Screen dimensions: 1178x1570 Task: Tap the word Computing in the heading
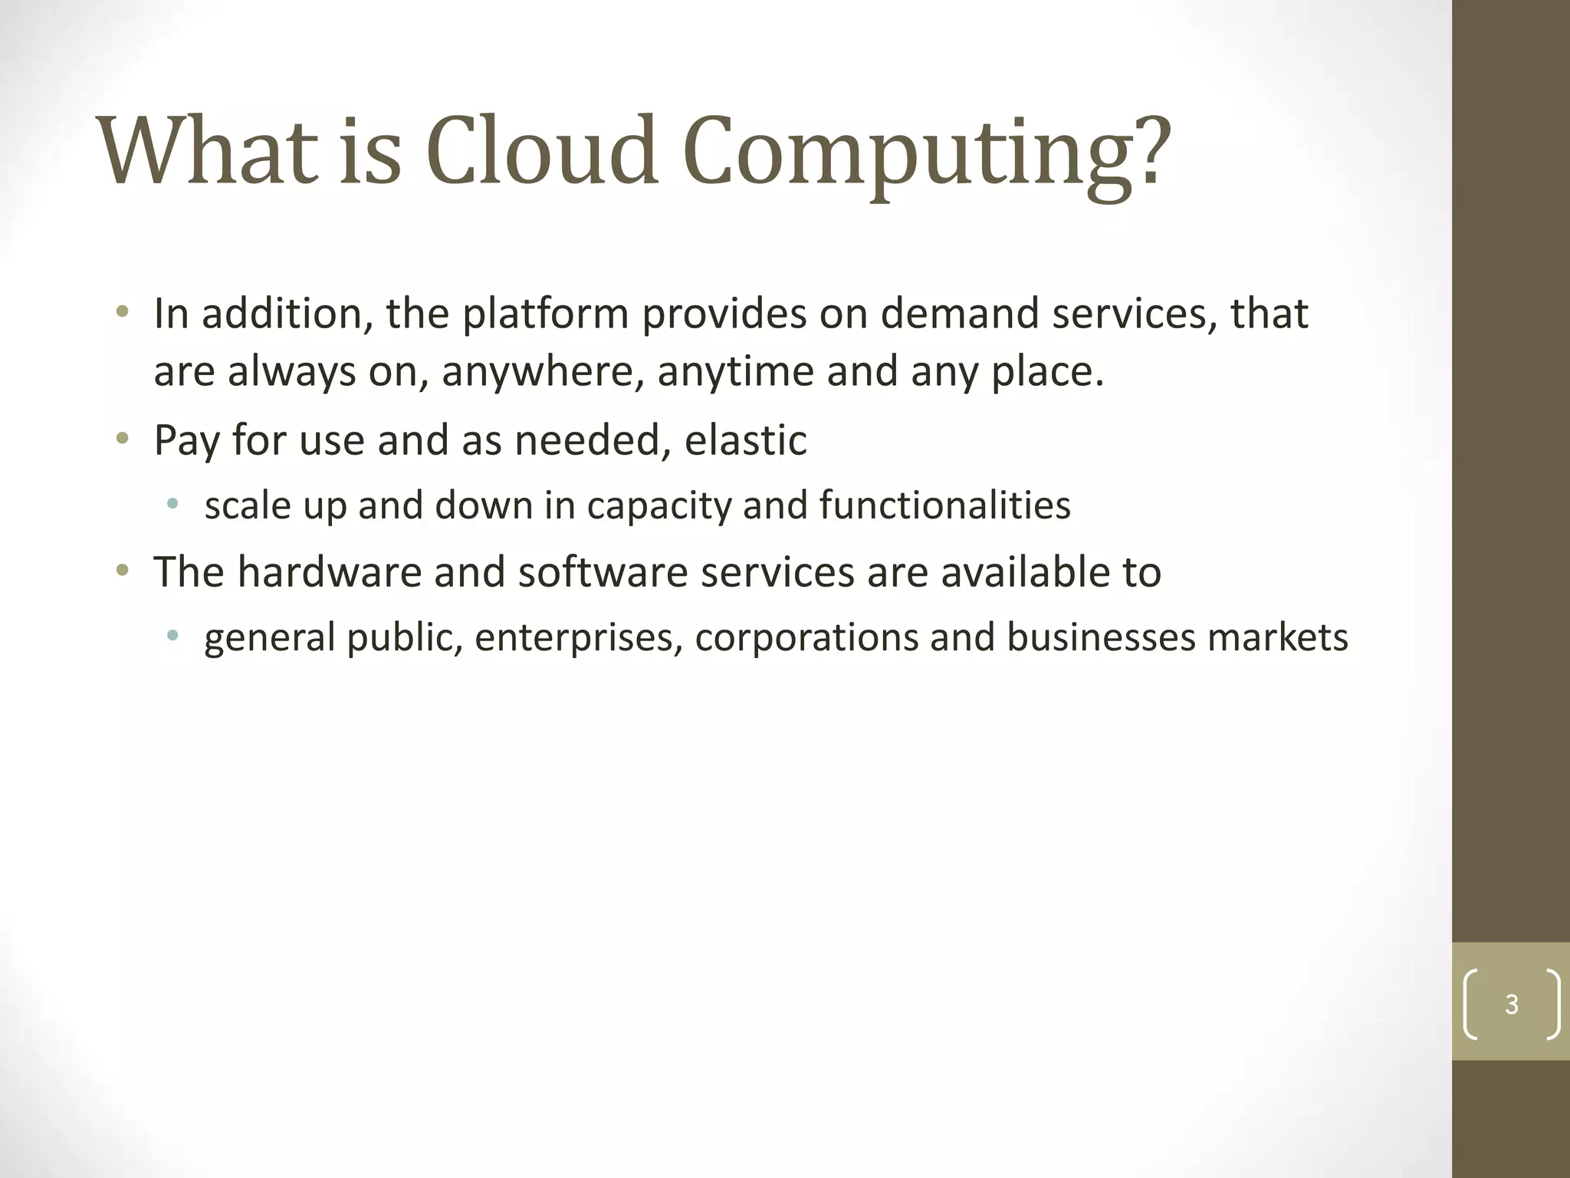[x=927, y=153]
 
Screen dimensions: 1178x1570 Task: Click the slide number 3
[x=1511, y=1004]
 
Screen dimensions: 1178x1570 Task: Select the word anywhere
[x=542, y=373]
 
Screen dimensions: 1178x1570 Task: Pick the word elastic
[x=745, y=440]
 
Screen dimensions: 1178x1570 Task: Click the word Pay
[x=186, y=442]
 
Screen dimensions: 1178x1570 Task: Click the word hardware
[x=329, y=572]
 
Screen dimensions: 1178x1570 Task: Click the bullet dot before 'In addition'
[x=122, y=312]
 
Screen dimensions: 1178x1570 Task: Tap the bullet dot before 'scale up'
[x=172, y=504]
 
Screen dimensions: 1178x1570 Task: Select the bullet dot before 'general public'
[x=172, y=635]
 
